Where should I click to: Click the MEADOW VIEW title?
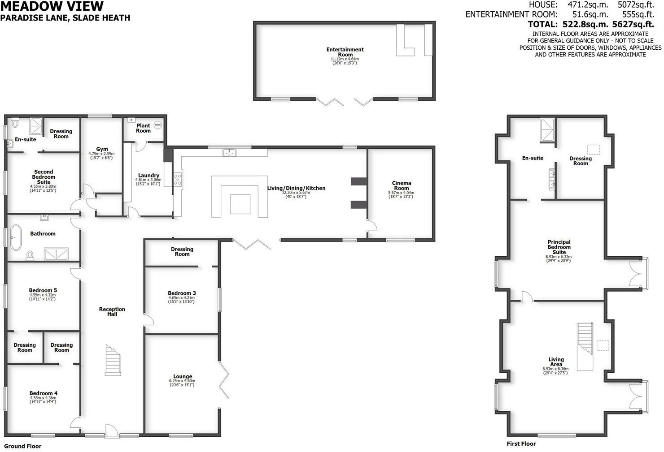(x=52, y=6)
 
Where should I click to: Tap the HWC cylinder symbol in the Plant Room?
(x=157, y=125)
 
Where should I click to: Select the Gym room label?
(x=102, y=149)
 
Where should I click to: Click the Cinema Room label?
(x=401, y=185)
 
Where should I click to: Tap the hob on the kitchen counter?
(x=178, y=179)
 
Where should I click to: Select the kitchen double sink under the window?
(x=230, y=153)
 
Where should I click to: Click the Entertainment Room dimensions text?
(x=345, y=61)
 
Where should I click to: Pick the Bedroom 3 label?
(x=182, y=293)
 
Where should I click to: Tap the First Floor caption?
(x=521, y=444)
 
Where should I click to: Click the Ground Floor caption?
(x=23, y=446)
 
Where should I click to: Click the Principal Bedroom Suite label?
(x=559, y=247)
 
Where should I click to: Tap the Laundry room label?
(x=149, y=176)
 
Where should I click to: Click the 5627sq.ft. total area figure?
(x=636, y=24)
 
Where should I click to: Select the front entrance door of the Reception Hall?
(x=110, y=431)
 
